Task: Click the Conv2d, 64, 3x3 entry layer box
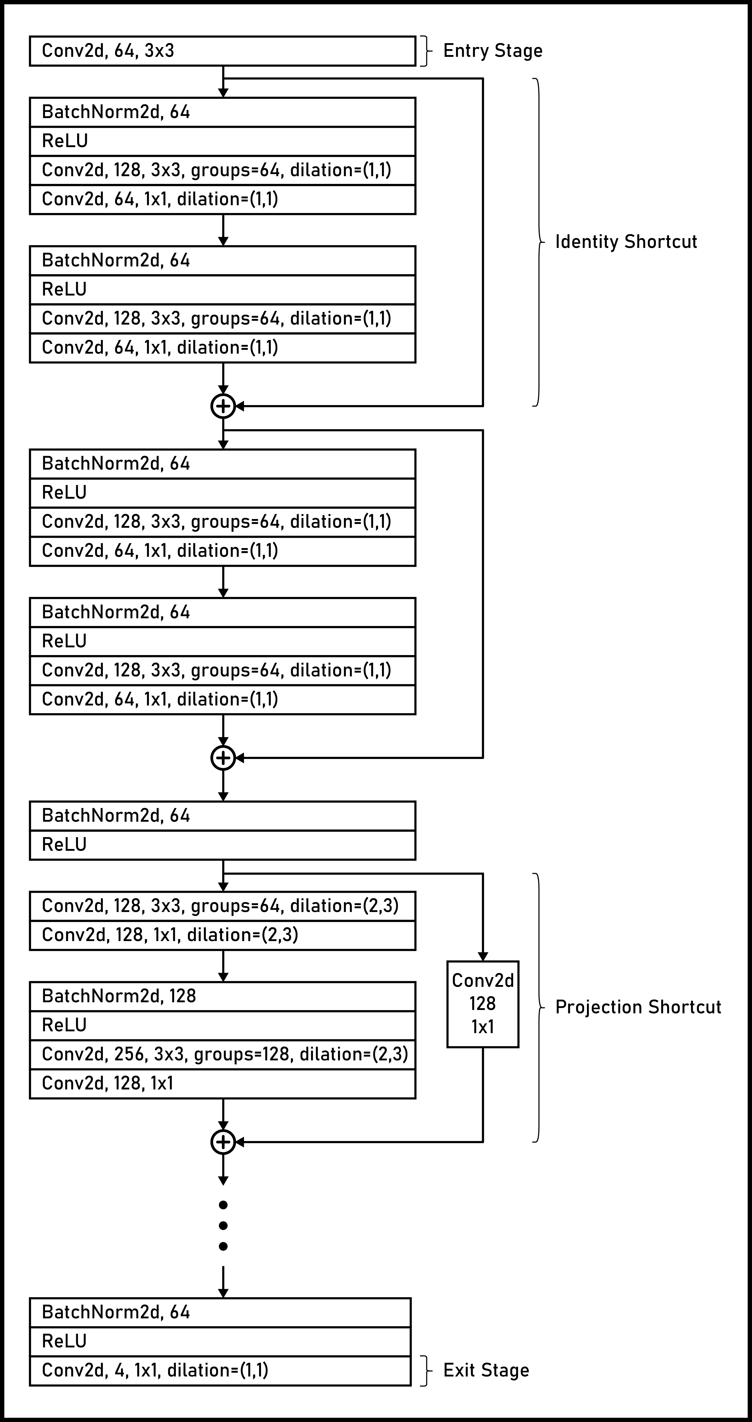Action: [222, 51]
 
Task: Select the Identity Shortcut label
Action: [626, 242]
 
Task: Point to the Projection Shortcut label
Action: [638, 1007]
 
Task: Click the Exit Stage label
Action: [485, 1370]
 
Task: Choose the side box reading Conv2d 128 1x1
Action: [483, 1004]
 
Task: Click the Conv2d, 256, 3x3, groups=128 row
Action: [222, 1054]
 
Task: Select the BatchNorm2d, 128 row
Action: [222, 996]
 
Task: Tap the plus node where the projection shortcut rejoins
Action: [223, 1142]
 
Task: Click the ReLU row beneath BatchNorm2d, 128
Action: [222, 1025]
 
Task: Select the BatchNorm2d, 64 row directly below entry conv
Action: [222, 112]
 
